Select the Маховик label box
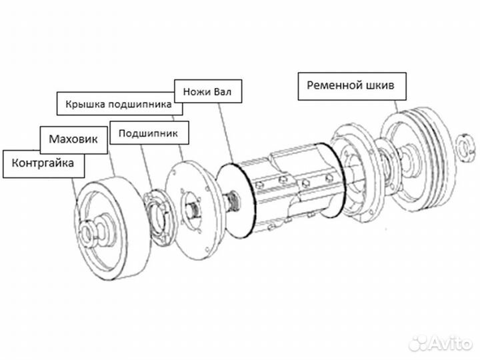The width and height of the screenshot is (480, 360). (x=73, y=139)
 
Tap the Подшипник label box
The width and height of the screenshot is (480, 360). (x=148, y=133)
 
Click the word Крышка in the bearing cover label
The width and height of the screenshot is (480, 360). (x=82, y=105)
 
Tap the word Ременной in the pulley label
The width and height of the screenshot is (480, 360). (x=333, y=85)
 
